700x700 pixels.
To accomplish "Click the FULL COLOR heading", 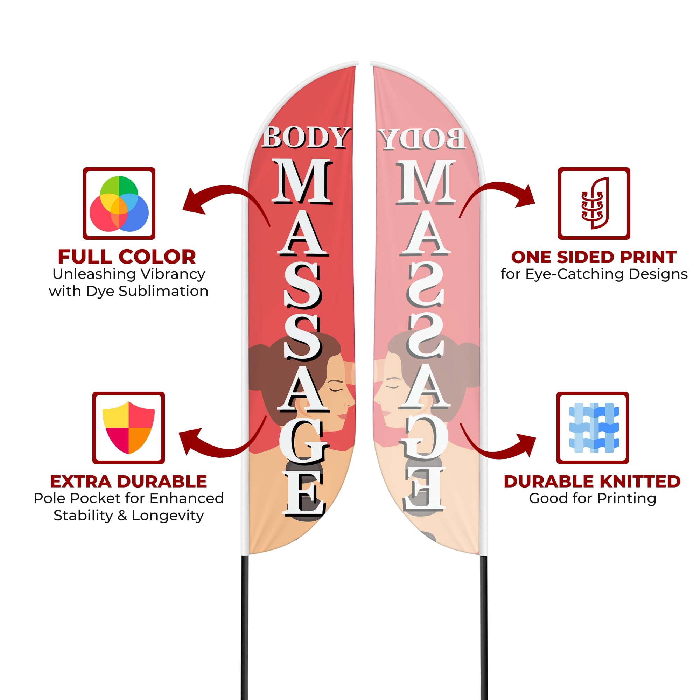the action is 127,257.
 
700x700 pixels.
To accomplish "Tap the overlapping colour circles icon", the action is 119,204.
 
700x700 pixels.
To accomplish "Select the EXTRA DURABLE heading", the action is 128,482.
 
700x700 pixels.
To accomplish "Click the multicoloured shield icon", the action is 128,428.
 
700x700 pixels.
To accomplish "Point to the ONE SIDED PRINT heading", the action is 594,257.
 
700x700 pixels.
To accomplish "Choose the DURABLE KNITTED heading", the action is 592,482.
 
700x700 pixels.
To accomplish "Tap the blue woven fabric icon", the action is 594,428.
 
